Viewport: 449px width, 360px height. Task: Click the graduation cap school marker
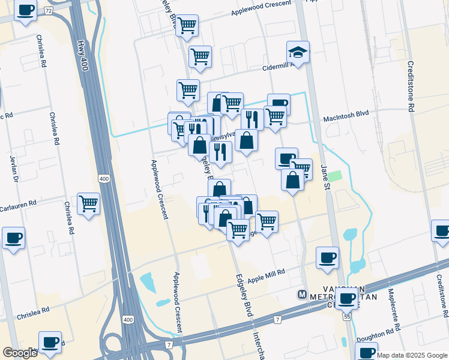click(298, 52)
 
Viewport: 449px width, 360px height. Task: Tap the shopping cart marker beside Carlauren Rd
click(88, 204)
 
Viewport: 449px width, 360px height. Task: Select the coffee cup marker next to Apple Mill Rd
click(327, 258)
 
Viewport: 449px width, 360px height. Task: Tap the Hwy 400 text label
click(82, 55)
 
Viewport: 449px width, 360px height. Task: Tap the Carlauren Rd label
click(18, 203)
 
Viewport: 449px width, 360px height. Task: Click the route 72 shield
click(48, 11)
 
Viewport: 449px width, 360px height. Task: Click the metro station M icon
click(303, 295)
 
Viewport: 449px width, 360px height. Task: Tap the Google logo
click(20, 353)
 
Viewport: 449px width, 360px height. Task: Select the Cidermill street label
click(277, 67)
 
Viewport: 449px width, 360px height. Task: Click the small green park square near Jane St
click(334, 176)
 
